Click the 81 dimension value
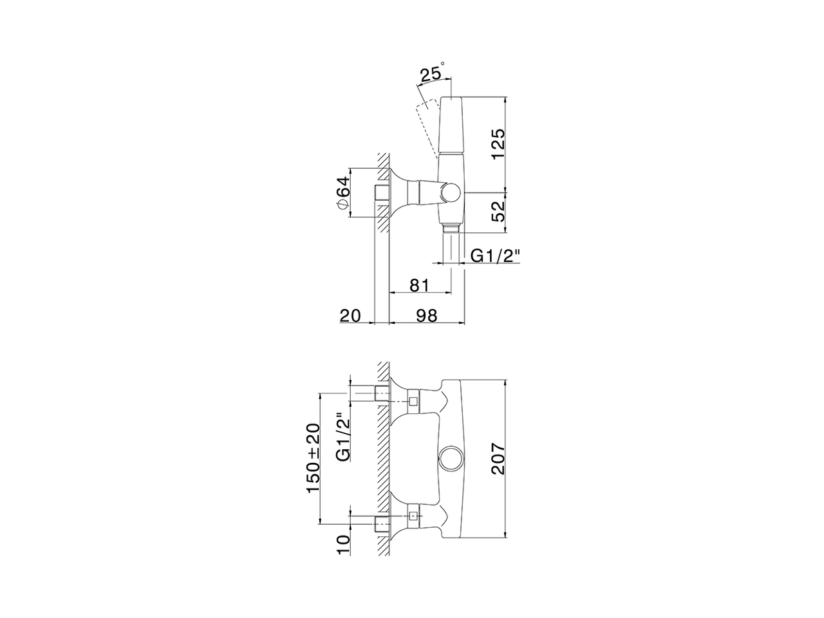418,283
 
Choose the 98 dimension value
427,315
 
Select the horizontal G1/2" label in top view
494,256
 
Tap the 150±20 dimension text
314,458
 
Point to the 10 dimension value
343,544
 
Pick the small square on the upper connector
413,402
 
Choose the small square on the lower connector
413,516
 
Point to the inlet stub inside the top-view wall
381,193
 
